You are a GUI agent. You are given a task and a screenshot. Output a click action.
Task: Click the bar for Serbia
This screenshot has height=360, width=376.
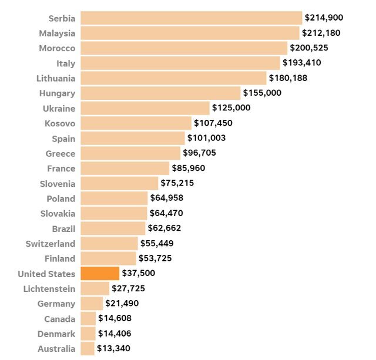[191, 18]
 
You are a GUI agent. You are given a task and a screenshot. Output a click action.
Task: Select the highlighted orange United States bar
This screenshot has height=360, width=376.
[100, 274]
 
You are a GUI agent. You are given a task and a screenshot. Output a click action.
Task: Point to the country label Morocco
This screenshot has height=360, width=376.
[57, 48]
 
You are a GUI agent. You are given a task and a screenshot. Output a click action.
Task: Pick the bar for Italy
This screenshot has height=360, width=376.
[180, 63]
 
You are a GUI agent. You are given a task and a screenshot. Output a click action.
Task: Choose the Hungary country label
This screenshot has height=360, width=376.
[57, 93]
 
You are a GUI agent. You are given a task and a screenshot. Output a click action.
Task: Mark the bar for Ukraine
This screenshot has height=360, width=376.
[145, 108]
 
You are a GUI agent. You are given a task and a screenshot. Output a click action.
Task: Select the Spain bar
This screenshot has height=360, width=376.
[133, 138]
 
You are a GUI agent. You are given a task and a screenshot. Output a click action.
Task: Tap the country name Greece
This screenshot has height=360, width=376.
[61, 153]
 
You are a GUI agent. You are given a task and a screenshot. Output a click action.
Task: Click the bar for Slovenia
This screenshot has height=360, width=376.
[119, 183]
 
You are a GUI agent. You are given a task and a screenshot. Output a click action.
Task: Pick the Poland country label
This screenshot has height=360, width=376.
[61, 198]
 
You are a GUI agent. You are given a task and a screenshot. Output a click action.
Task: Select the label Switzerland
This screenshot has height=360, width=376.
[51, 243]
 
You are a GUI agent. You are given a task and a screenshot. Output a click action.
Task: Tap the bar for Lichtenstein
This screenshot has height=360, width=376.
[95, 288]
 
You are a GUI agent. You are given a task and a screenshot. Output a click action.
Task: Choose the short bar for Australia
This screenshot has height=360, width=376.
[88, 349]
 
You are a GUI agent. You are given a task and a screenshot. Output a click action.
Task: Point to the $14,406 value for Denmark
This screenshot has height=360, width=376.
[115, 334]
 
